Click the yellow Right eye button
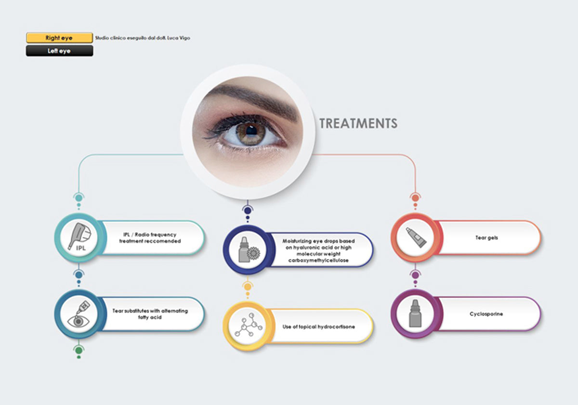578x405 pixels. [x=59, y=38]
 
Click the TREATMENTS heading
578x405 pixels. [x=358, y=123]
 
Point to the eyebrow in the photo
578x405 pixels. [x=255, y=101]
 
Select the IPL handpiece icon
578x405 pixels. [x=79, y=237]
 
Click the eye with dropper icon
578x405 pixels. [x=79, y=314]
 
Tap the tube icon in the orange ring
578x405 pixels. [x=416, y=237]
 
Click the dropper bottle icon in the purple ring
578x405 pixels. [x=415, y=313]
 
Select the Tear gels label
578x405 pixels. [x=486, y=238]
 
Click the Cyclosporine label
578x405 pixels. [x=486, y=314]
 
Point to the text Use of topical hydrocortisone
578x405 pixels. [x=319, y=327]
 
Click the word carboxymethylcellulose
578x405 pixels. [x=318, y=260]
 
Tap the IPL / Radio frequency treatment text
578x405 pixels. [x=150, y=238]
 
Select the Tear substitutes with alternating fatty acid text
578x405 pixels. [x=150, y=314]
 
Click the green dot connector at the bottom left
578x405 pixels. [x=79, y=351]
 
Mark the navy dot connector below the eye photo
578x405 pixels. [x=248, y=211]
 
